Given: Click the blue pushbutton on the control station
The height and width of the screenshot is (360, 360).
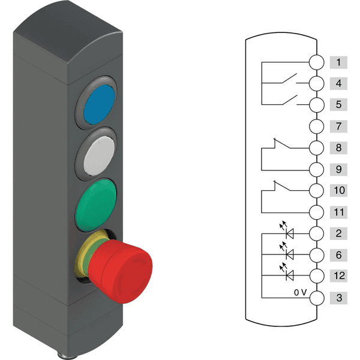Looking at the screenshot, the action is pyautogui.click(x=99, y=104).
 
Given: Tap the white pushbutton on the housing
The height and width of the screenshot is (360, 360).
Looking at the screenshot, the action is pyautogui.click(x=99, y=155).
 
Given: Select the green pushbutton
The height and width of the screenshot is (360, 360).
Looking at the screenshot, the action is pyautogui.click(x=96, y=205).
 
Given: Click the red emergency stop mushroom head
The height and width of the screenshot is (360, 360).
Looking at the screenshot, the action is pyautogui.click(x=121, y=271).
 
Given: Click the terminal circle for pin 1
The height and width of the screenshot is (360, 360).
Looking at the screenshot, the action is pyautogui.click(x=317, y=62).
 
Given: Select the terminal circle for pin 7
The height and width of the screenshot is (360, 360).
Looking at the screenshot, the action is pyautogui.click(x=317, y=126).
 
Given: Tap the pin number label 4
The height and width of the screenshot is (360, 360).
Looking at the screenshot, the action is pyautogui.click(x=338, y=83).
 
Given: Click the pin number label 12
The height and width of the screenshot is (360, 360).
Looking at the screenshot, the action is pyautogui.click(x=339, y=276).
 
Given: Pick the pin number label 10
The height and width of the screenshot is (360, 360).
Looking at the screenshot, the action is pyautogui.click(x=339, y=190).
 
